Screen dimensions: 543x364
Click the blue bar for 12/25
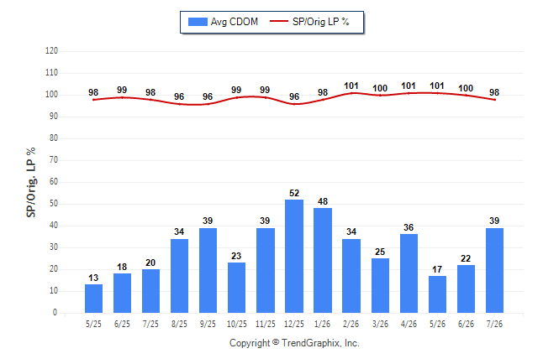click(x=294, y=256)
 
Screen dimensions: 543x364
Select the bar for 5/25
click(x=93, y=299)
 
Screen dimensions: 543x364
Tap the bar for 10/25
click(x=236, y=288)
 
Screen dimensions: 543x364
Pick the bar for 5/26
click(x=437, y=294)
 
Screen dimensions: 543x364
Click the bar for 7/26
click(x=494, y=270)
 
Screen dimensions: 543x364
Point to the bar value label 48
click(x=323, y=201)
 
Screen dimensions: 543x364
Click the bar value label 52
click(x=294, y=193)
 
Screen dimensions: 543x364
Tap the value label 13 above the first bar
click(x=93, y=278)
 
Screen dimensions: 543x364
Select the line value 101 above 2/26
click(x=351, y=86)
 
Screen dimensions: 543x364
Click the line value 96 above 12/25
click(x=294, y=96)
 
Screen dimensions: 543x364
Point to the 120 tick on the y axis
click(x=51, y=51)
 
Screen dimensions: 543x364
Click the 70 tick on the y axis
click(x=54, y=160)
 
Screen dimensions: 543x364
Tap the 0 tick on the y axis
click(x=55, y=313)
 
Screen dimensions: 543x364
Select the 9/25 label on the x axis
click(x=208, y=324)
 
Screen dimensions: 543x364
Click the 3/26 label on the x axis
click(x=380, y=324)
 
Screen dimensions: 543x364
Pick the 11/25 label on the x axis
click(x=266, y=324)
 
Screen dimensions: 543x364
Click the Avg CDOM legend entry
click(x=223, y=22)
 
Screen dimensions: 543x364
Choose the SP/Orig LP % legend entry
click(x=309, y=22)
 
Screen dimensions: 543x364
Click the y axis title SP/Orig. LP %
click(x=31, y=182)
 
